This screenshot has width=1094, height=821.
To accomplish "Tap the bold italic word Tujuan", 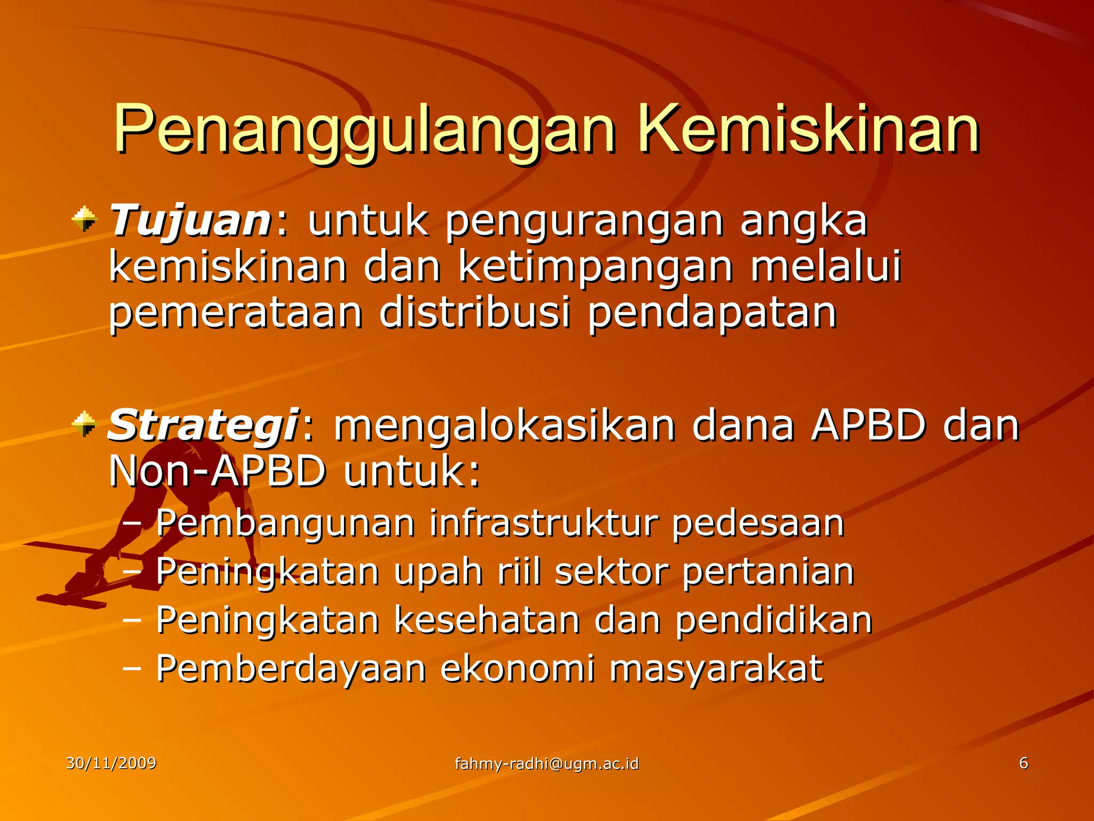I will (190, 221).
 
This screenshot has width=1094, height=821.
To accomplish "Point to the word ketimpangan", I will (596, 267).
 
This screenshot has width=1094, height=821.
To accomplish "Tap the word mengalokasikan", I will (504, 426).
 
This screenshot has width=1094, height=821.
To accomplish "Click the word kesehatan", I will (487, 620).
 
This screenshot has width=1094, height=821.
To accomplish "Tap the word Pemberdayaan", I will (291, 669).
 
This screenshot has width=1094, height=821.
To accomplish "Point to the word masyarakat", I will (716, 669).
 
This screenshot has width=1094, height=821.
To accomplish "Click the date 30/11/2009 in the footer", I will (111, 763).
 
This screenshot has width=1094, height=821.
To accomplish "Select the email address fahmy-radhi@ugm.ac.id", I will (546, 763).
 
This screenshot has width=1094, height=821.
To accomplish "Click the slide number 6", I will (1023, 763).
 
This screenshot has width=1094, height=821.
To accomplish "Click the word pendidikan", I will (773, 620).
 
